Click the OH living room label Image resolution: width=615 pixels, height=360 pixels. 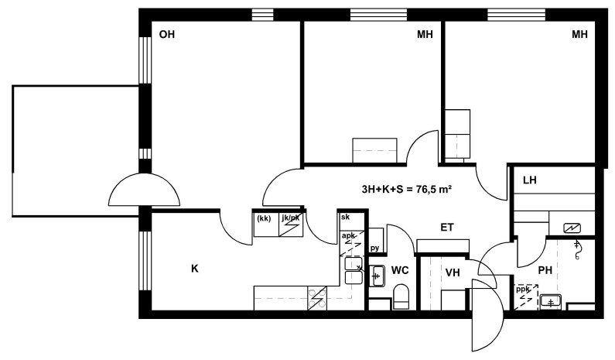(166, 35)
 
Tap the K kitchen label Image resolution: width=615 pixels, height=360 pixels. (194, 269)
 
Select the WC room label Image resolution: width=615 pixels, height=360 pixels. (400, 270)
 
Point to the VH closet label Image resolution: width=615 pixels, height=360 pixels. (453, 273)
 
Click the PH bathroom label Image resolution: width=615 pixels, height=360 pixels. (545, 270)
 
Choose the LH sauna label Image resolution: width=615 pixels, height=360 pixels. (529, 180)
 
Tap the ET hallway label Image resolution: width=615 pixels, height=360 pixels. (447, 228)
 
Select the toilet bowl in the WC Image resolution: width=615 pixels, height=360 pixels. (401, 296)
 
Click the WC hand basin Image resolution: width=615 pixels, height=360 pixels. (377, 276)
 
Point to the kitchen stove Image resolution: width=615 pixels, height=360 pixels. (317, 298)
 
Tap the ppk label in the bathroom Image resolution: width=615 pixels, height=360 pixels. (522, 290)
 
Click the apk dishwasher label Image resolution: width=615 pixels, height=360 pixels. (348, 235)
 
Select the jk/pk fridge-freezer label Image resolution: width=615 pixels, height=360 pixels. (290, 218)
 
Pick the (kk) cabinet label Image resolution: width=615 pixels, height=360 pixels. (264, 218)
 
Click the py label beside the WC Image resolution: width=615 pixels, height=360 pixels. (374, 248)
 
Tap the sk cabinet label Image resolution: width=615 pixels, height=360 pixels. (345, 217)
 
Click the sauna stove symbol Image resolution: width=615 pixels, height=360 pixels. (572, 228)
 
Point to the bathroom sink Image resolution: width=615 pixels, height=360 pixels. (551, 302)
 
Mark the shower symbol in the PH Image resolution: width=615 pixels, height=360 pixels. (577, 250)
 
